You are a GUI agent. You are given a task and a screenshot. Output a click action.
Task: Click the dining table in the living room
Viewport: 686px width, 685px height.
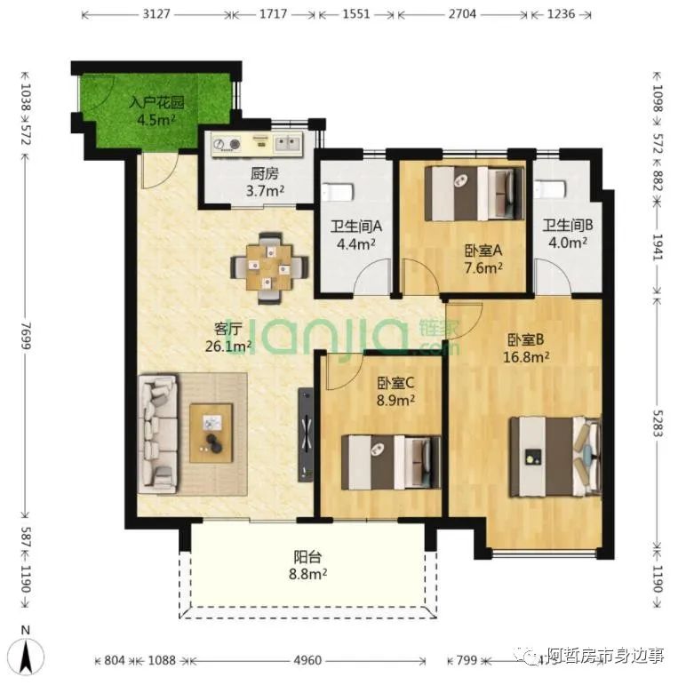coord(269,261)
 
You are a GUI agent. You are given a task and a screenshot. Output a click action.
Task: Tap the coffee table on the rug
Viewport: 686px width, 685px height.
coord(211,433)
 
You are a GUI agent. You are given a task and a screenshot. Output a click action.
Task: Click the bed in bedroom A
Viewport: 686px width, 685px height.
coord(470,193)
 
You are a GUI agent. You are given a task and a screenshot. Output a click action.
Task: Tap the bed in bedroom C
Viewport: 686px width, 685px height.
coord(391,461)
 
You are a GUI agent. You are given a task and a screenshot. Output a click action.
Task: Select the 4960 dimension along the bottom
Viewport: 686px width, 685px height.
coord(307,660)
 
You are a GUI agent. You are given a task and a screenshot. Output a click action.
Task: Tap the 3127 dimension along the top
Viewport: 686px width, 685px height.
coord(155,15)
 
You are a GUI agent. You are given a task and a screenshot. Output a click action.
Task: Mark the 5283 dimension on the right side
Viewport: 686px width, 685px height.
coord(658,418)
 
